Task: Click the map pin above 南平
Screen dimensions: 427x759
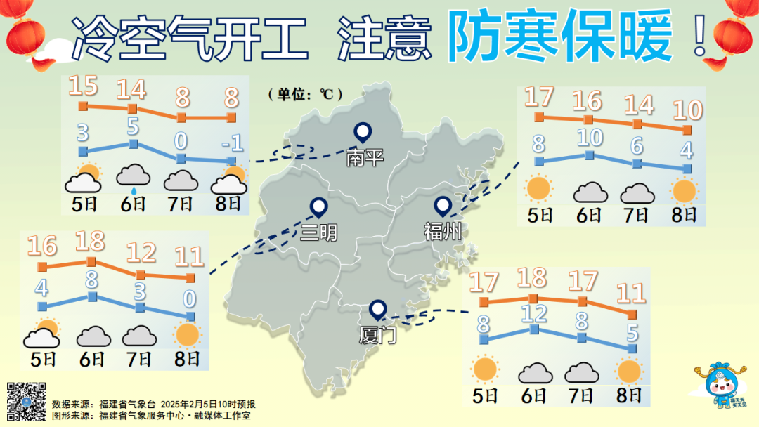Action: click(x=363, y=132)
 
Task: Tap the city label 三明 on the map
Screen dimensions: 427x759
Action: click(x=318, y=232)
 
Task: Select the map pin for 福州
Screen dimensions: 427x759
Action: click(x=442, y=206)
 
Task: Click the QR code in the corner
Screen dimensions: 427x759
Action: click(x=26, y=401)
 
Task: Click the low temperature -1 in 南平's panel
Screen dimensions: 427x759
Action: click(x=232, y=144)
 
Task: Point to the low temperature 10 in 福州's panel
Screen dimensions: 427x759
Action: click(x=589, y=138)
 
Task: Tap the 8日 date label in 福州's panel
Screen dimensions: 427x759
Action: click(x=684, y=214)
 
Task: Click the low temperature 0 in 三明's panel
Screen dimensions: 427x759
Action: click(x=189, y=299)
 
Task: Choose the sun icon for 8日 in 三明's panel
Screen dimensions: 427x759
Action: click(x=189, y=335)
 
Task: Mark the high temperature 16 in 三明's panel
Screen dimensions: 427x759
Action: click(x=42, y=247)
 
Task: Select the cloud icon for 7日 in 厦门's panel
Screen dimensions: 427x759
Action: click(x=581, y=372)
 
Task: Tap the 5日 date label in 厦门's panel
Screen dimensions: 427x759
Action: click(x=485, y=395)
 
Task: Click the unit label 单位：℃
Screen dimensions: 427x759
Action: click(x=305, y=93)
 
